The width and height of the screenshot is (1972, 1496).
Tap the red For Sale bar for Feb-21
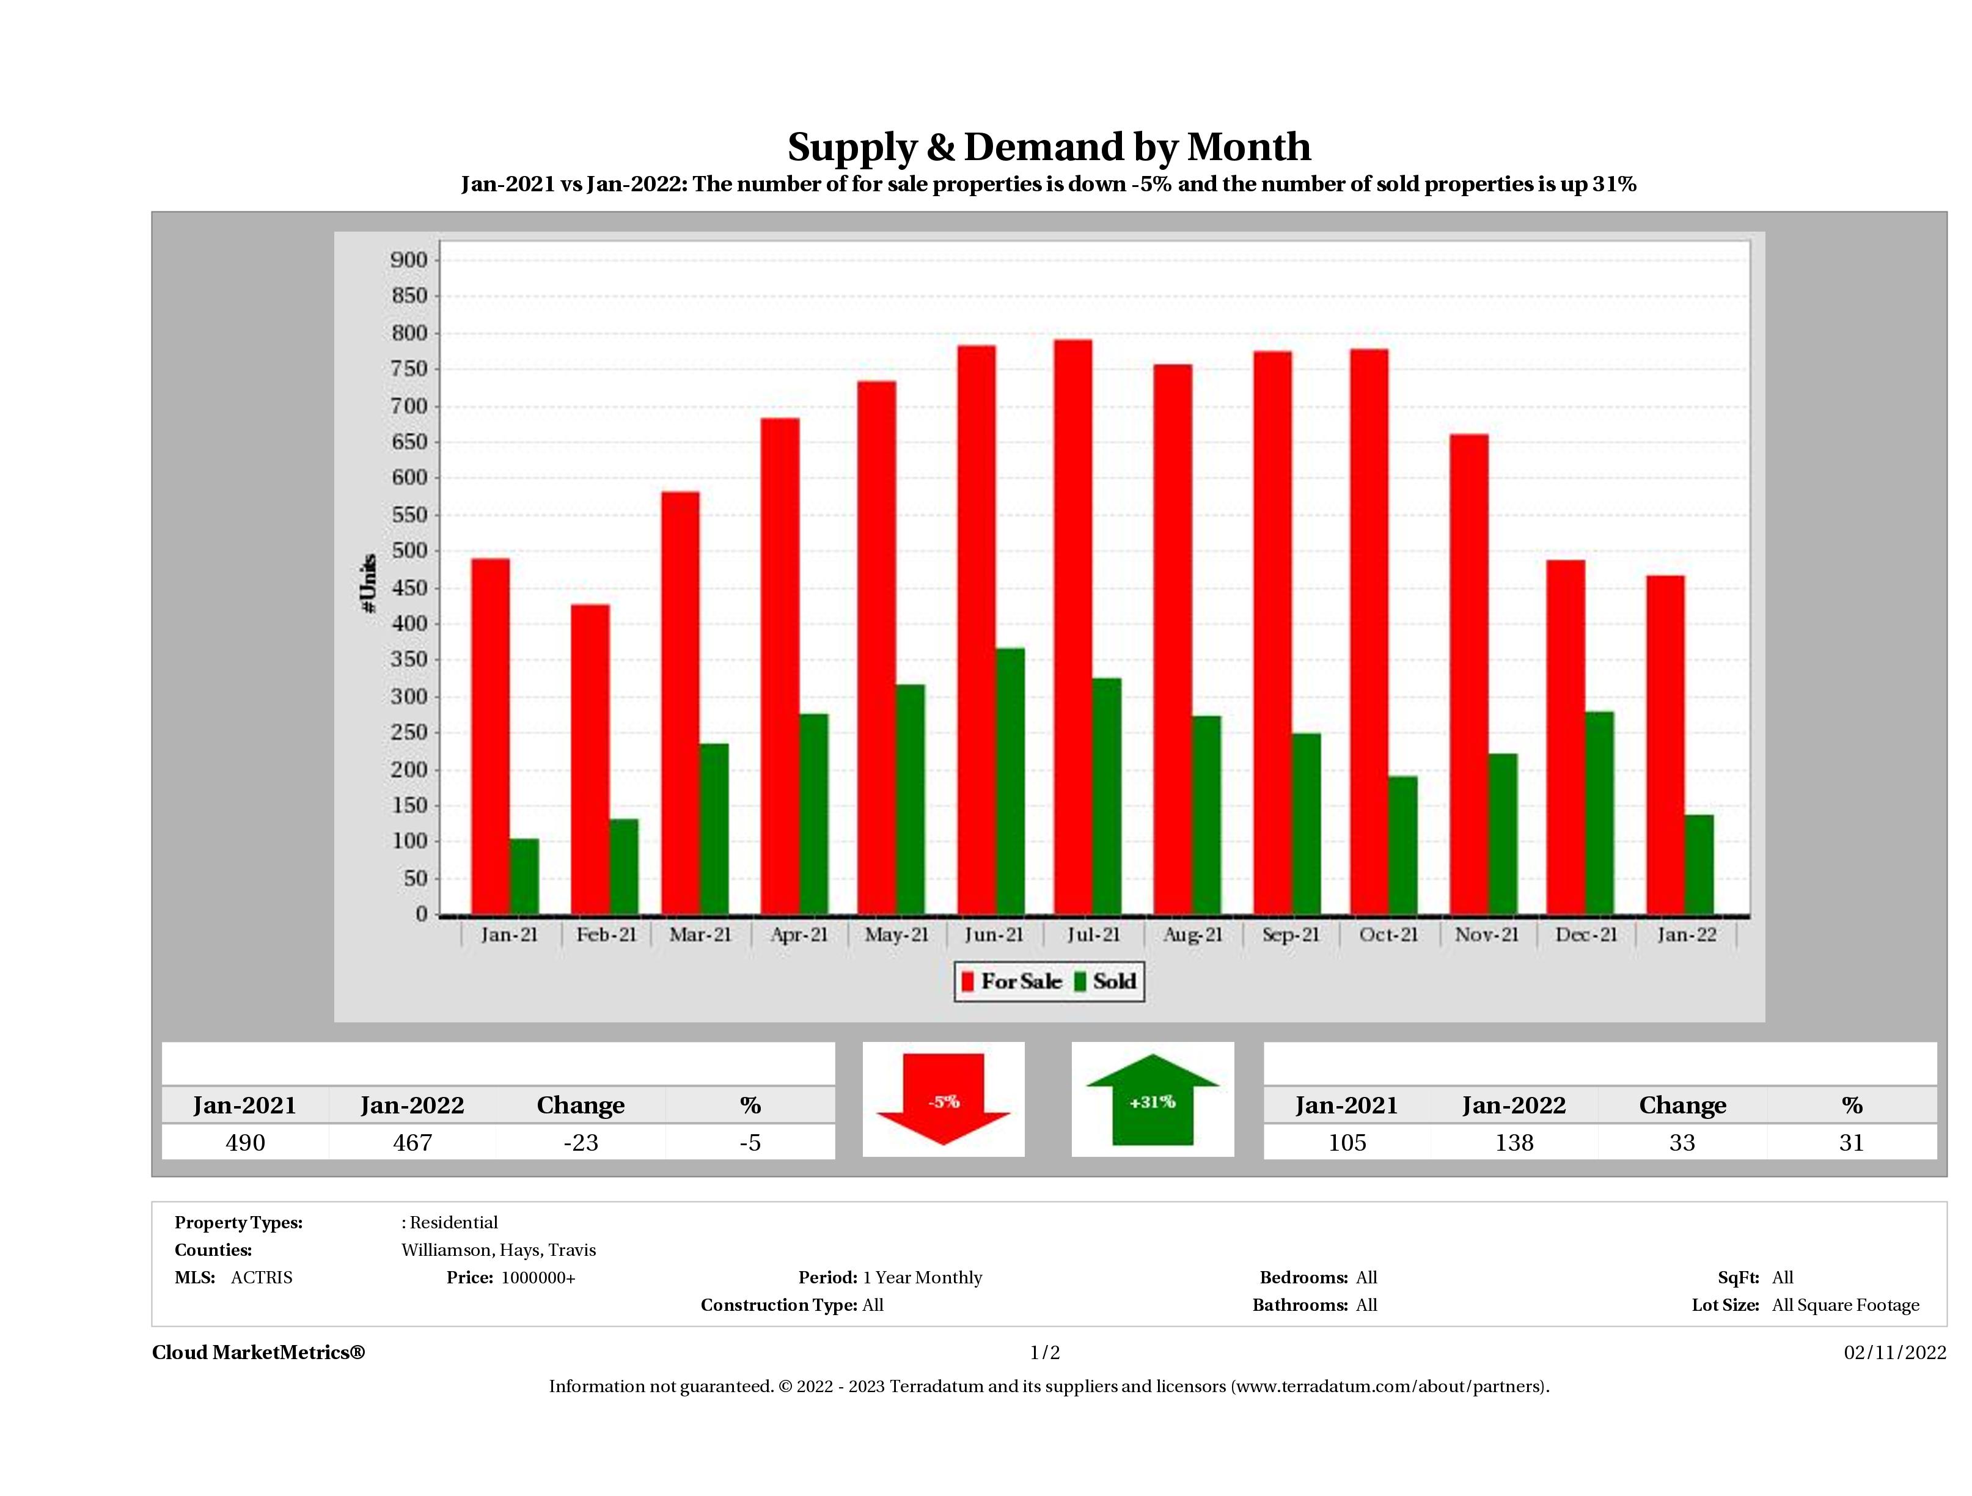pyautogui.click(x=590, y=760)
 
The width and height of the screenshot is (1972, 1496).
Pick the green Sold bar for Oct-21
pyautogui.click(x=1402, y=845)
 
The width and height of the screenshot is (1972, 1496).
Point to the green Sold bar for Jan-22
pyautogui.click(x=1698, y=865)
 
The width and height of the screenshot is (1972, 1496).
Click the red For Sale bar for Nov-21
pyautogui.click(x=1468, y=675)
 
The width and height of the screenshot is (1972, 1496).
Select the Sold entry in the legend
pyautogui.click(x=1105, y=981)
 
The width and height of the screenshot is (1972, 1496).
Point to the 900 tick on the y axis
pyautogui.click(x=409, y=260)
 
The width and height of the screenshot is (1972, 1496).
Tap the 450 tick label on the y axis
pyautogui.click(x=409, y=587)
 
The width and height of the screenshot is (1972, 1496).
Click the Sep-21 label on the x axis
pyautogui.click(x=1290, y=935)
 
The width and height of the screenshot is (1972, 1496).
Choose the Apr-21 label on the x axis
pyautogui.click(x=799, y=935)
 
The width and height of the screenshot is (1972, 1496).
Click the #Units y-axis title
pyautogui.click(x=368, y=583)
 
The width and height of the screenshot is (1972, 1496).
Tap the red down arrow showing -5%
pyautogui.click(x=943, y=1100)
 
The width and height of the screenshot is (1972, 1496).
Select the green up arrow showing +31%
pyautogui.click(x=1152, y=1100)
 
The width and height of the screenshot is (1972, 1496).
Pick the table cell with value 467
pyautogui.click(x=412, y=1142)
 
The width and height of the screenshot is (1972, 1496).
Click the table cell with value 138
pyautogui.click(x=1514, y=1142)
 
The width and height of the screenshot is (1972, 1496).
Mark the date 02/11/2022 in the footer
pyautogui.click(x=1894, y=1352)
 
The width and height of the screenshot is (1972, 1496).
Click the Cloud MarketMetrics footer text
pyautogui.click(x=258, y=1352)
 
